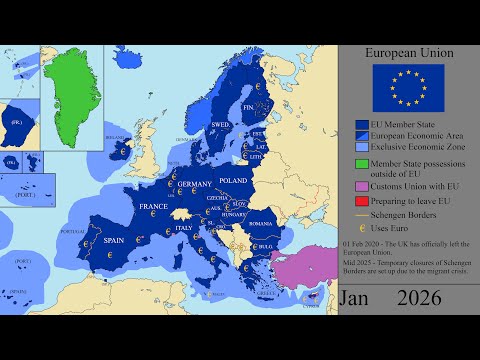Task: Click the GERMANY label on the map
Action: [196, 185]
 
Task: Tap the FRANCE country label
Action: [153, 207]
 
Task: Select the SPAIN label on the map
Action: [113, 241]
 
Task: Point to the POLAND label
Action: [234, 181]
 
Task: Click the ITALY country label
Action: [186, 229]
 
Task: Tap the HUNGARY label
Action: [234, 214]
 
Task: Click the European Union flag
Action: [407, 87]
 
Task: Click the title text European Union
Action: [407, 52]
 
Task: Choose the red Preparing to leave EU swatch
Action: [364, 201]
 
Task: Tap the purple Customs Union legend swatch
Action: [364, 185]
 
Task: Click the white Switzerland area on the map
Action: [181, 212]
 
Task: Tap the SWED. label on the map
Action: [221, 125]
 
